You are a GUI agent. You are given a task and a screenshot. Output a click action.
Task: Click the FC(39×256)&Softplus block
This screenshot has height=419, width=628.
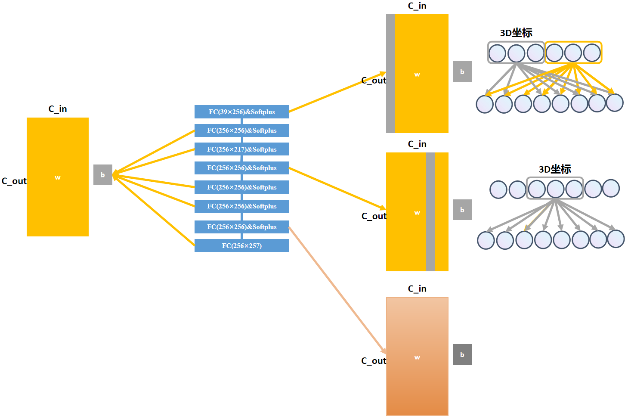pos(241,112)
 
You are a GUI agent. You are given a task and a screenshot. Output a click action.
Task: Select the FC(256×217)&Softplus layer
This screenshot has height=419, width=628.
pos(241,149)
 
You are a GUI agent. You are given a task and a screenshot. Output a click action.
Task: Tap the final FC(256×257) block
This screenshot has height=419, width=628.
pos(241,246)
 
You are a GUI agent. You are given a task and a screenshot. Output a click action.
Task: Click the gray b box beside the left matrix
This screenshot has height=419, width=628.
pos(103,175)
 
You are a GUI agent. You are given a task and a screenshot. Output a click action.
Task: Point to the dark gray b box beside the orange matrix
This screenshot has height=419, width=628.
pos(462,354)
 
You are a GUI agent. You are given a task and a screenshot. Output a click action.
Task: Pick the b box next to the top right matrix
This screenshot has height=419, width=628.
pos(462,71)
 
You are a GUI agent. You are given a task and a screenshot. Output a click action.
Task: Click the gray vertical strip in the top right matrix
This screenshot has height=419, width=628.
pos(390,74)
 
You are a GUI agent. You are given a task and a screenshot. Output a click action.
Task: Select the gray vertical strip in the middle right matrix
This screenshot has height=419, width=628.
pos(430,212)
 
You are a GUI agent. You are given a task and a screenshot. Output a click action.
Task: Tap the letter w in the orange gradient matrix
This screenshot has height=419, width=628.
pos(417,357)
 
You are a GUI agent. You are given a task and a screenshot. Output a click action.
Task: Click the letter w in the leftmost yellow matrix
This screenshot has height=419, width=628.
pos(58,177)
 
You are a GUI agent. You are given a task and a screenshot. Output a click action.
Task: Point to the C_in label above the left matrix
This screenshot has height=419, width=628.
pos(58,109)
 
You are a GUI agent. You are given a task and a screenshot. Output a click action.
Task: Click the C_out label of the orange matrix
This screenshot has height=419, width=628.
pos(373,361)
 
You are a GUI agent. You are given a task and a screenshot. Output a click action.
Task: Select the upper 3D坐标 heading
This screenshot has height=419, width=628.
pos(516,33)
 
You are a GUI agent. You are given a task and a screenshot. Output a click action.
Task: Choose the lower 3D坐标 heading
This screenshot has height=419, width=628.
pos(555,169)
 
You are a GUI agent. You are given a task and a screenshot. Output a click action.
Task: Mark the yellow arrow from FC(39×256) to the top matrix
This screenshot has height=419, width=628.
pos(337,92)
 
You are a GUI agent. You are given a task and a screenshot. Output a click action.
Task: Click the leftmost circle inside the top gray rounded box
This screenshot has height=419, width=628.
pos(497,53)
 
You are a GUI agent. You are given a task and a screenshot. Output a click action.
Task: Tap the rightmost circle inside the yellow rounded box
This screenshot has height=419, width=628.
pos(592,53)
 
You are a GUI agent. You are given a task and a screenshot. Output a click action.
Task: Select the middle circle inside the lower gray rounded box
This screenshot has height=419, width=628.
pos(555,189)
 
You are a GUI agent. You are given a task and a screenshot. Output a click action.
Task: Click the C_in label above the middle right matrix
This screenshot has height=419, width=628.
pos(417,144)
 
